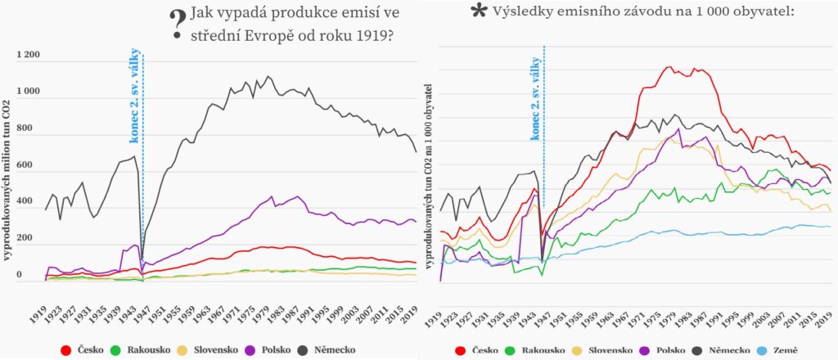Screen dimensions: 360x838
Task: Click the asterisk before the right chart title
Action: [x=479, y=11]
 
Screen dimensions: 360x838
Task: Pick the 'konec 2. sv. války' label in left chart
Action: [x=135, y=90]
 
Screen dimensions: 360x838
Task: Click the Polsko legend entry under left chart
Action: [x=269, y=350]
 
